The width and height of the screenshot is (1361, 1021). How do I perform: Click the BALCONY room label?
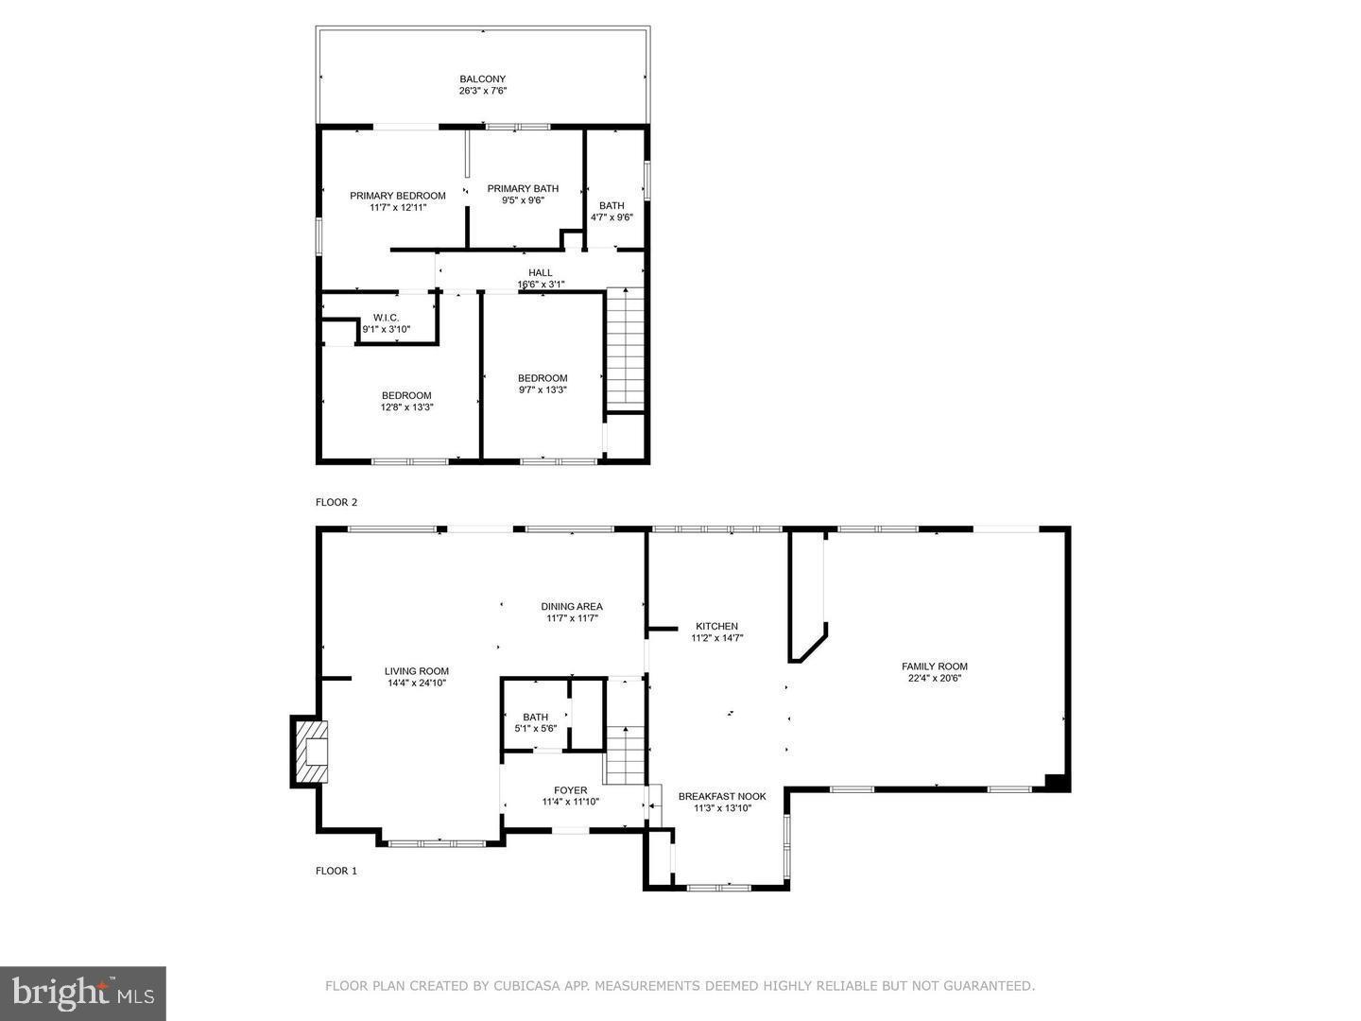pyautogui.click(x=482, y=79)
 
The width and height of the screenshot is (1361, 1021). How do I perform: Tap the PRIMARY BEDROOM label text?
pyautogui.click(x=397, y=196)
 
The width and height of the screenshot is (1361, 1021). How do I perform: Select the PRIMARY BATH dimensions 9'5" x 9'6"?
pyautogui.click(x=523, y=200)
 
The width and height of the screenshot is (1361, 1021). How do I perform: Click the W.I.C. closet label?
pyautogui.click(x=386, y=318)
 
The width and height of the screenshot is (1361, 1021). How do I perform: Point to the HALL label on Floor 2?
pyautogui.click(x=540, y=273)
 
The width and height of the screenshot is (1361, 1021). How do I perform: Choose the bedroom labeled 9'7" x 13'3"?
pyautogui.click(x=543, y=384)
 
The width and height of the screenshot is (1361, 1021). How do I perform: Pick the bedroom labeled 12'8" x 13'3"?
pyautogui.click(x=406, y=402)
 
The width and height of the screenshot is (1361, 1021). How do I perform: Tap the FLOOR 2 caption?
pyautogui.click(x=336, y=502)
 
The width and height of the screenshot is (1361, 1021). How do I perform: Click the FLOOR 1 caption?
pyautogui.click(x=336, y=871)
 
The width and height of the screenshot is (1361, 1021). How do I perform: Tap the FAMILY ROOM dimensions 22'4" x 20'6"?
pyautogui.click(x=934, y=678)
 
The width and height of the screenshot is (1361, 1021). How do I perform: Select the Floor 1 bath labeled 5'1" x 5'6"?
pyautogui.click(x=535, y=723)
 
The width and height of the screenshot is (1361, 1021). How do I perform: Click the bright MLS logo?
pyautogui.click(x=83, y=993)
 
